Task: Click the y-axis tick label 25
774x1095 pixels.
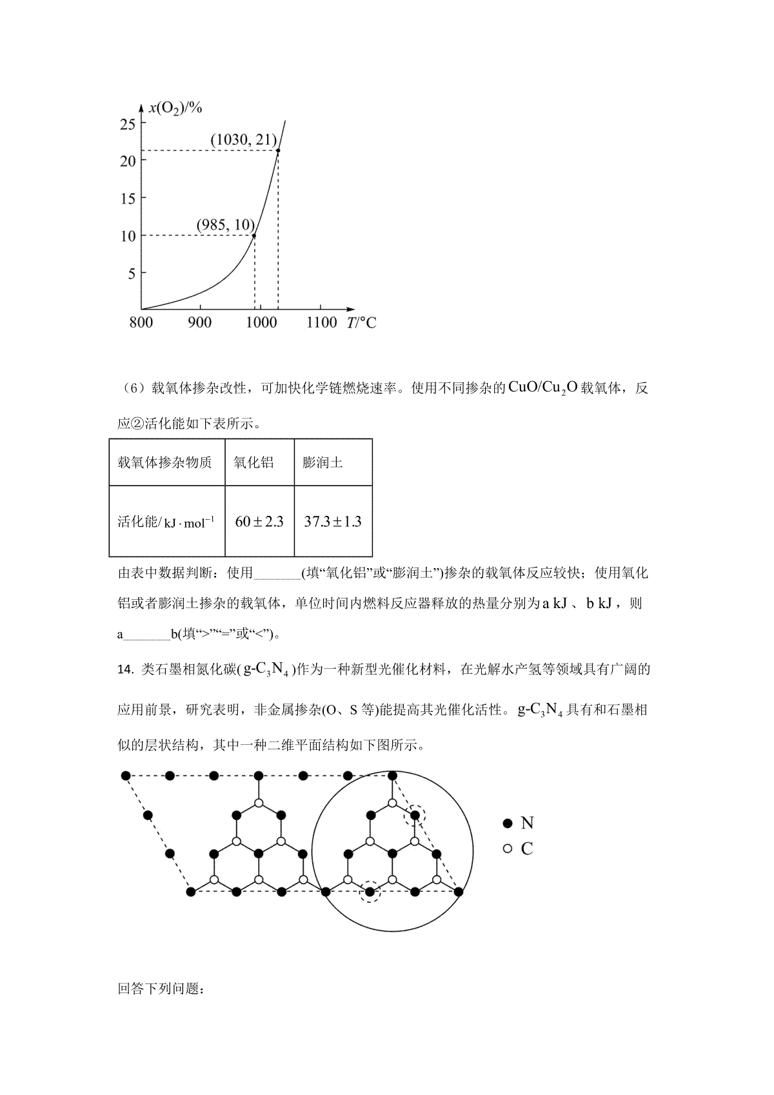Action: pos(128,124)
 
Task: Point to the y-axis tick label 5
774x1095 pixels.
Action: pos(132,273)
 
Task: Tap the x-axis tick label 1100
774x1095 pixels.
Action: pos(321,322)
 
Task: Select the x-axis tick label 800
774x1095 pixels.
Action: pos(141,322)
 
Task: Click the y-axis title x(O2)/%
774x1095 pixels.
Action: pos(176,108)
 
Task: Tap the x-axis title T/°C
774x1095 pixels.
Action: pos(361,322)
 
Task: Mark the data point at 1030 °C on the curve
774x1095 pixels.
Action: pos(278,151)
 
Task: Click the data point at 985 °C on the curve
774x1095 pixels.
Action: pos(254,235)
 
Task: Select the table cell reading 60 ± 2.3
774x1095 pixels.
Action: pos(259,522)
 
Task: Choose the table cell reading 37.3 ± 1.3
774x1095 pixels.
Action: pos(333,522)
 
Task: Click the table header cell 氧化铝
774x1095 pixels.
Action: pos(253,462)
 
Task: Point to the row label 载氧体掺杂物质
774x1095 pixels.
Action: pos(164,462)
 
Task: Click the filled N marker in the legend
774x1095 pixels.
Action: pos(508,823)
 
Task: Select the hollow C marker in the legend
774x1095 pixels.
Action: pos(508,849)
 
